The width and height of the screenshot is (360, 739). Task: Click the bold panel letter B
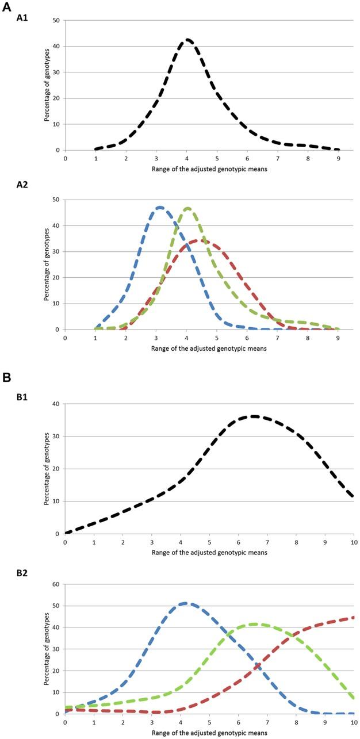(x=7, y=377)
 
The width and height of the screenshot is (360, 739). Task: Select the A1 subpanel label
(x=23, y=20)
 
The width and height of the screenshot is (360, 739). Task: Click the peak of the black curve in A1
(x=187, y=40)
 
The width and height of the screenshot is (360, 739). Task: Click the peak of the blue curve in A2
(x=159, y=207)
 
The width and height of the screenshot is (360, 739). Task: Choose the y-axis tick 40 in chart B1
(x=58, y=404)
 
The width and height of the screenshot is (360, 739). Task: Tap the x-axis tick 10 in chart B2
(x=353, y=722)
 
